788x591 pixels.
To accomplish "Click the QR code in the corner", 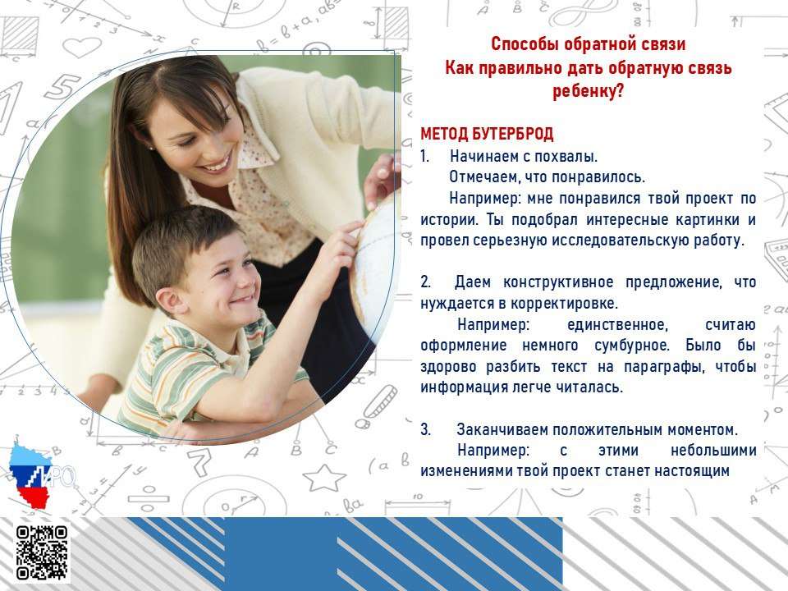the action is point(42,552).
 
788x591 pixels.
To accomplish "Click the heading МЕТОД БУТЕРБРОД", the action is point(487,134).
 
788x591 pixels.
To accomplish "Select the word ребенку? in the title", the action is point(588,91).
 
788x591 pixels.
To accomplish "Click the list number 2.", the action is point(426,282).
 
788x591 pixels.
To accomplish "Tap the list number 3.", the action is point(426,429).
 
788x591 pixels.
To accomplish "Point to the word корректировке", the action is point(565,304).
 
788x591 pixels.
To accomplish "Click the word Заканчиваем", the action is point(502,429).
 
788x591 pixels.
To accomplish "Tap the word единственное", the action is point(617,325).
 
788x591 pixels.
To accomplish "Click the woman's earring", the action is point(151,149).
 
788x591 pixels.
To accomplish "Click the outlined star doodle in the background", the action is point(324,477).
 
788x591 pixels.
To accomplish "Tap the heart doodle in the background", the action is point(82,48).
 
